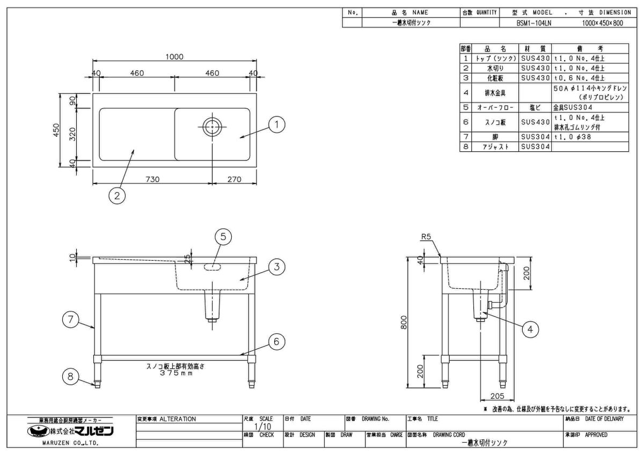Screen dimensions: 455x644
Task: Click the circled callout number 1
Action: click(276, 126)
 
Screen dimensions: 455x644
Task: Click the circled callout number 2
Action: click(117, 195)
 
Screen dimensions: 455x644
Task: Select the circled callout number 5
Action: click(223, 236)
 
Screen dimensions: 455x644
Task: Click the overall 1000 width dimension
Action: click(174, 57)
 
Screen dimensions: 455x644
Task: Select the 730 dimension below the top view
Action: click(153, 179)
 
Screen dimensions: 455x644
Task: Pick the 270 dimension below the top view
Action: click(234, 179)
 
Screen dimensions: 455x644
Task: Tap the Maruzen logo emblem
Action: click(38, 431)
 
